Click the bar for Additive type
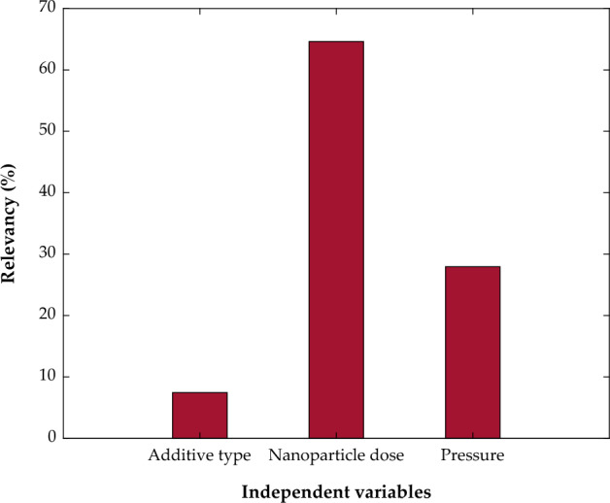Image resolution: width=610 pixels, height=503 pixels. click(x=199, y=416)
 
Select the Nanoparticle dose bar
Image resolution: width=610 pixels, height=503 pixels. click(x=336, y=240)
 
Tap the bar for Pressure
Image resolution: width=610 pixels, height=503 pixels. click(x=472, y=352)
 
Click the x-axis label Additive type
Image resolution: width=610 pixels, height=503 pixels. click(x=199, y=455)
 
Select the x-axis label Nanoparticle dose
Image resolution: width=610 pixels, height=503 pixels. click(x=336, y=455)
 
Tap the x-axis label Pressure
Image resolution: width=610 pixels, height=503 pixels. click(x=472, y=455)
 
